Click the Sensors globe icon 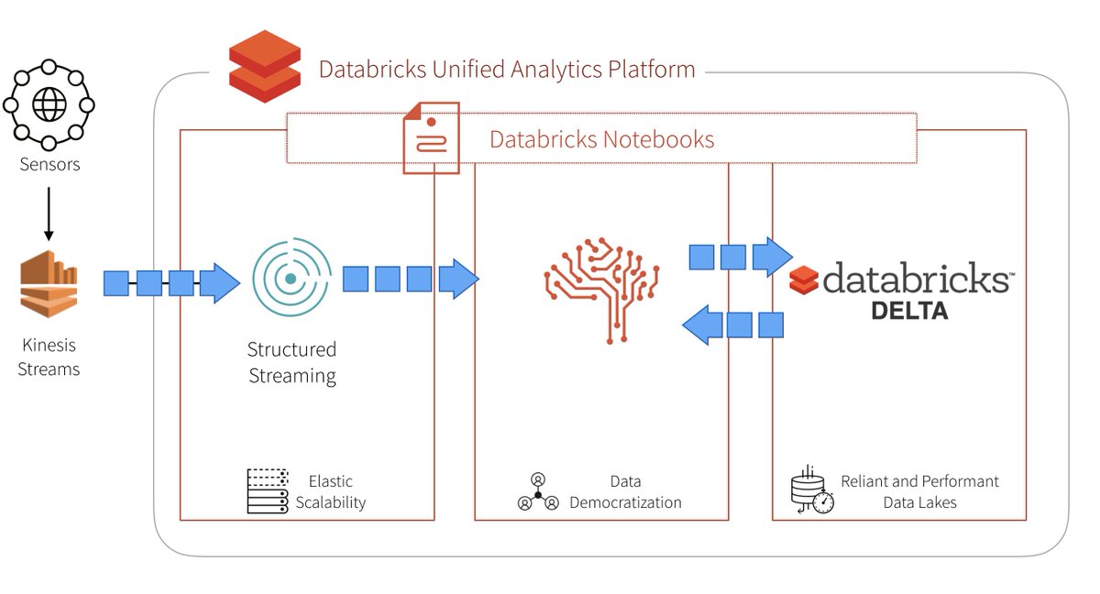[x=49, y=104]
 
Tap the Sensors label [x=49, y=165]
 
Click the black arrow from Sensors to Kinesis [x=49, y=211]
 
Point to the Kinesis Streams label [x=49, y=357]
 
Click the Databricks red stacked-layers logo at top [x=264, y=66]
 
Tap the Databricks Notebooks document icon [x=431, y=139]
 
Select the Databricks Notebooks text [x=601, y=139]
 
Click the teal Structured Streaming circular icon [x=291, y=278]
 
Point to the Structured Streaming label [x=292, y=362]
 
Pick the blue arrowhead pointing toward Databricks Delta [x=773, y=257]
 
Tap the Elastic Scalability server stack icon [x=268, y=491]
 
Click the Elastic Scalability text [x=330, y=491]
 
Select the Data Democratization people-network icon [x=538, y=492]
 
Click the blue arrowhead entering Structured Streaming [x=219, y=283]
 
